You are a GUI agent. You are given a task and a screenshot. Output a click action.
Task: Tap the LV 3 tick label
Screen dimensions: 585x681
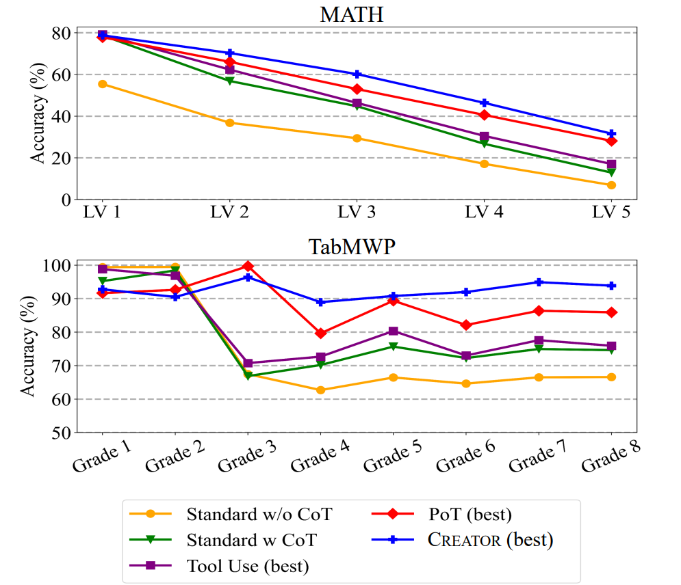pos(357,213)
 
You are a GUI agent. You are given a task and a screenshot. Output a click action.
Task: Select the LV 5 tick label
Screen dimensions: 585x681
pos(611,213)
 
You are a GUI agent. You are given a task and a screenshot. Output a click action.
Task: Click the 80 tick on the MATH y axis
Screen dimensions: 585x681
pos(61,33)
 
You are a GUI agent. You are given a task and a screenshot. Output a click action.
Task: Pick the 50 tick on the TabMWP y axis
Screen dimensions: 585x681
pos(61,433)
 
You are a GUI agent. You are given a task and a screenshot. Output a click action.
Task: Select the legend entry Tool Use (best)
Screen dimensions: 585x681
pos(247,565)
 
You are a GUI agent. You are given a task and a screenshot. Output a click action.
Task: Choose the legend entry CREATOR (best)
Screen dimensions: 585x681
pos(490,540)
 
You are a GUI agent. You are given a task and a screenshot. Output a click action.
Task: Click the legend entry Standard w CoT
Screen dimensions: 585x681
pos(251,540)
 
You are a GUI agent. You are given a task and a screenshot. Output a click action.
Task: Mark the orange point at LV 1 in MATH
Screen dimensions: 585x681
pos(102,84)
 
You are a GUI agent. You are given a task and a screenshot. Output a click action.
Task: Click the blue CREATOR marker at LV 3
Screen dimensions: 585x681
pos(357,74)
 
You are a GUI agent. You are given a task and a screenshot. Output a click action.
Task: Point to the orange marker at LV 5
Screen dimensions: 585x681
pos(611,185)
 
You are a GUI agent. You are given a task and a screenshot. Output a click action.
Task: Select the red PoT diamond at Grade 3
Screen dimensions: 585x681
pos(248,266)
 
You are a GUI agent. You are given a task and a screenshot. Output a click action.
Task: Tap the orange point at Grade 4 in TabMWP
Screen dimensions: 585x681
pos(320,390)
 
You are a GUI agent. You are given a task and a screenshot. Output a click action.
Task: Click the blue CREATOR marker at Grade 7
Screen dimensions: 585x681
pos(539,282)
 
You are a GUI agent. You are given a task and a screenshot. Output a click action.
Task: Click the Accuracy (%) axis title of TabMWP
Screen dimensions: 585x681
pos(27,349)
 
